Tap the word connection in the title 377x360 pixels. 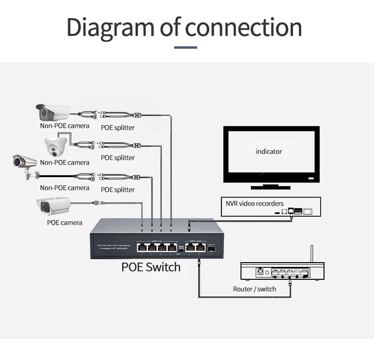(x=243, y=28)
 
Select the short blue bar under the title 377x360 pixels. (x=186, y=48)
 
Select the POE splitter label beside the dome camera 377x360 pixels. (x=117, y=158)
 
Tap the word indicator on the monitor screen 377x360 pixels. (x=269, y=151)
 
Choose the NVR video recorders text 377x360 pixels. (x=254, y=203)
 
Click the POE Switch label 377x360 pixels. (x=151, y=266)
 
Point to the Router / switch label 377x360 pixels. (x=254, y=289)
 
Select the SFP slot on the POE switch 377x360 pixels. (x=212, y=248)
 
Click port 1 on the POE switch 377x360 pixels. (x=142, y=248)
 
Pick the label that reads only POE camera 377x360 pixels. (x=64, y=222)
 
